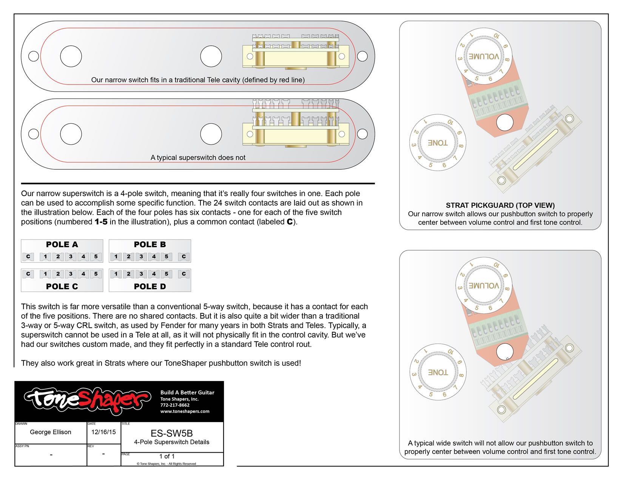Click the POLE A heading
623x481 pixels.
coord(62,244)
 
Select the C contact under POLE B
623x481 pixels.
coord(184,257)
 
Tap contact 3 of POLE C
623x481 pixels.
coord(71,274)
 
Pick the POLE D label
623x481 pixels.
coord(150,286)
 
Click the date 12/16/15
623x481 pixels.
coord(103,432)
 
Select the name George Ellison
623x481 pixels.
coord(51,432)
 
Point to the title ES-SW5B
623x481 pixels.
coord(171,433)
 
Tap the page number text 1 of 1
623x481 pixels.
coord(167,456)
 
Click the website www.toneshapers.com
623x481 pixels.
coord(185,411)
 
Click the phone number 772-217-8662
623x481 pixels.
coord(175,405)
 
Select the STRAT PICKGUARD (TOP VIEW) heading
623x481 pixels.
coord(500,205)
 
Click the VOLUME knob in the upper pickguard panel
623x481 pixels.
coord(484,57)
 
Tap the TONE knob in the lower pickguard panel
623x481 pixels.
coord(438,372)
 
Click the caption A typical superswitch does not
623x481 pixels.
coord(198,157)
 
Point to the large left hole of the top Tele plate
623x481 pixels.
coord(71,56)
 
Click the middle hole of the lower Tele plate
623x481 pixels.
coord(211,134)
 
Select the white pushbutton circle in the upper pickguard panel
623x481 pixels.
coord(505,122)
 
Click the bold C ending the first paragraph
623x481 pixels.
coord(290,222)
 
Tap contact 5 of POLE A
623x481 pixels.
coord(96,257)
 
